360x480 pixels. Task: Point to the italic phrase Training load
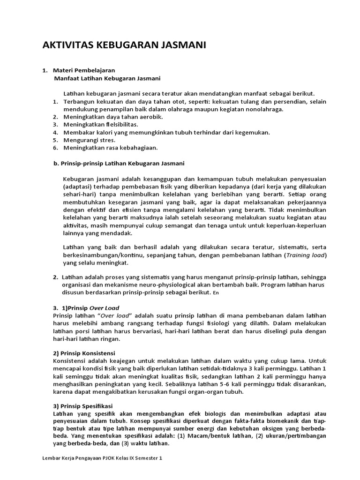[306, 255]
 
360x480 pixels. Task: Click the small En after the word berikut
[216, 293]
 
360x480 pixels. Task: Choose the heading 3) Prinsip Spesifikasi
[83, 405]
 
